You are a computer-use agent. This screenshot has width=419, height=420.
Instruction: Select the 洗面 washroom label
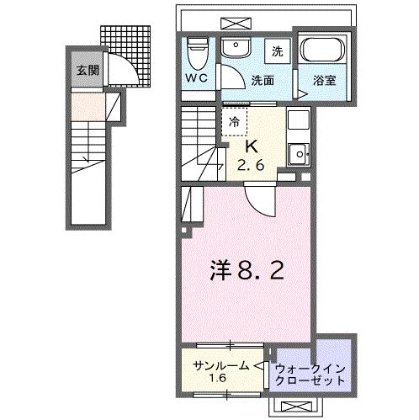tap(262, 81)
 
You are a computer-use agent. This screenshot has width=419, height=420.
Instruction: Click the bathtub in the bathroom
tap(321, 55)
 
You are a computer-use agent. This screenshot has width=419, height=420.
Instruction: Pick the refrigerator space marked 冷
tap(235, 120)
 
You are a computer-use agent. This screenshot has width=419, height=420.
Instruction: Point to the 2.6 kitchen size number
tap(252, 167)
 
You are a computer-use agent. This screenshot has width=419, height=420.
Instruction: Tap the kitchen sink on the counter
tap(297, 154)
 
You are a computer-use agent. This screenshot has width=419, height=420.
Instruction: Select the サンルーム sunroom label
tap(221, 366)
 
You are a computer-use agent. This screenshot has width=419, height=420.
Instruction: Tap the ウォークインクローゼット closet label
tap(310, 373)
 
